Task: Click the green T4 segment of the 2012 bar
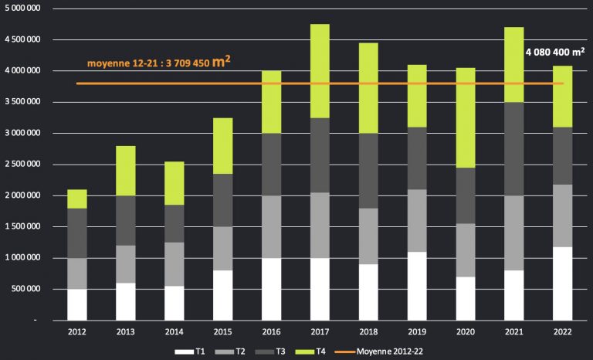[76, 199]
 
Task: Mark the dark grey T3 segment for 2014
[175, 223]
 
